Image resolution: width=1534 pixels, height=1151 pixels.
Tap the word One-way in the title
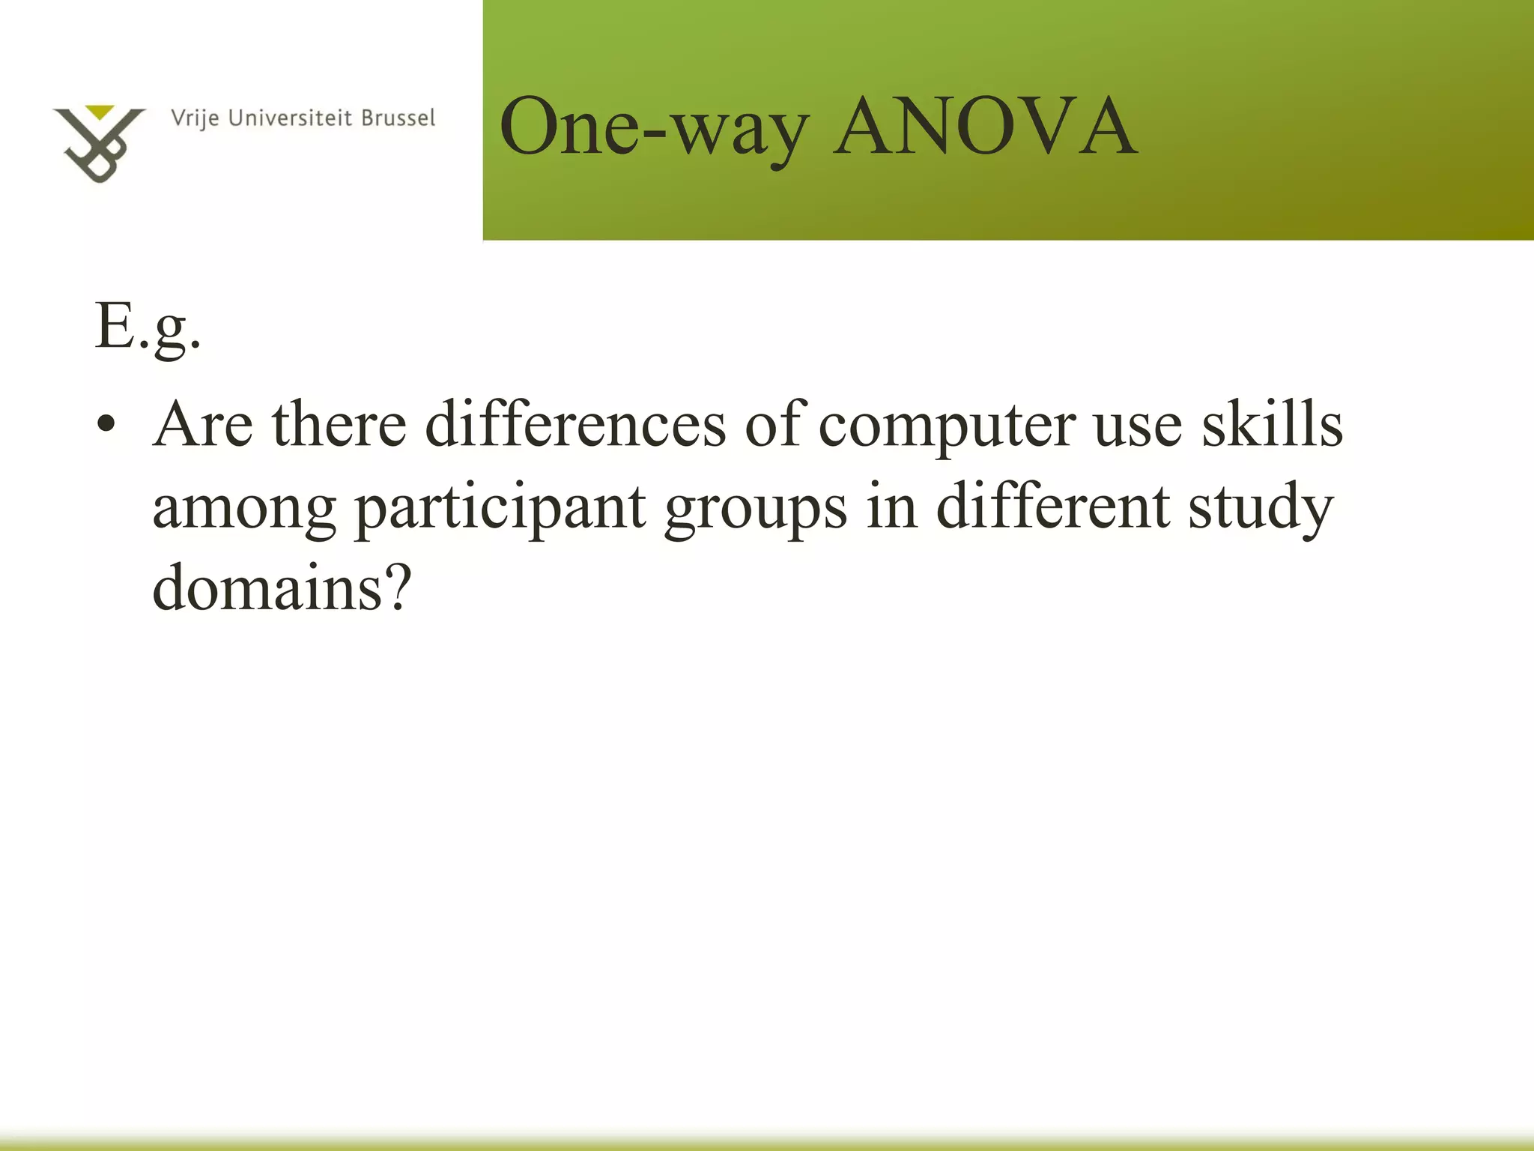[x=654, y=127]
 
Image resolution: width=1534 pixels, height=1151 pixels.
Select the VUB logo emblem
[x=98, y=144]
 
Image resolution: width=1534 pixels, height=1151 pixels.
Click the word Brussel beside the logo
[x=398, y=118]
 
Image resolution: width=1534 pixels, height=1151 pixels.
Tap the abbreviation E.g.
[x=148, y=328]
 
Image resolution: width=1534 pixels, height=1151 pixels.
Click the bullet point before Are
[x=106, y=424]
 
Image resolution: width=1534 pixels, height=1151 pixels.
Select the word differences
[x=575, y=424]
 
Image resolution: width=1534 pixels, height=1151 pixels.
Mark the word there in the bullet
[x=339, y=424]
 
